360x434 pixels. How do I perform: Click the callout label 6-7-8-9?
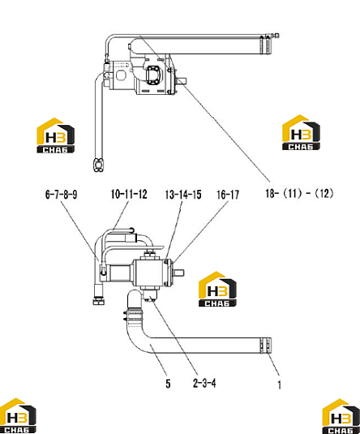click(61, 195)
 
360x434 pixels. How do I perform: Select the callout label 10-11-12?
click(129, 194)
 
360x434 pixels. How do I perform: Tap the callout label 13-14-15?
click(183, 195)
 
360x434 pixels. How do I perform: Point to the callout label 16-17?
click(228, 195)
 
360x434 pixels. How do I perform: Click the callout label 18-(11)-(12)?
click(299, 193)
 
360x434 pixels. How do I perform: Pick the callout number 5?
click(168, 384)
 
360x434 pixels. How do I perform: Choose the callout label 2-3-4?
click(204, 383)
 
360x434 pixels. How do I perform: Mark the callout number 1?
click(280, 385)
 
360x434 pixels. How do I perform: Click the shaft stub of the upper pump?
click(181, 81)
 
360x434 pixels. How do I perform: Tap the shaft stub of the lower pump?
click(178, 273)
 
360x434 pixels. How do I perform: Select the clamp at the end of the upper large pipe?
click(266, 45)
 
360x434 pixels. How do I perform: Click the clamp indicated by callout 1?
click(266, 346)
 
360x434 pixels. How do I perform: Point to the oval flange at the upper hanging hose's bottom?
click(98, 165)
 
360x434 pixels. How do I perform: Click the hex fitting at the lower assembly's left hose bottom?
click(99, 301)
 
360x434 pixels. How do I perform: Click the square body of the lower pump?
click(148, 273)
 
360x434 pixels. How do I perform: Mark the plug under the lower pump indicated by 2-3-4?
click(150, 295)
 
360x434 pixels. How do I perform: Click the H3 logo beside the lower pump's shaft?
click(217, 289)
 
